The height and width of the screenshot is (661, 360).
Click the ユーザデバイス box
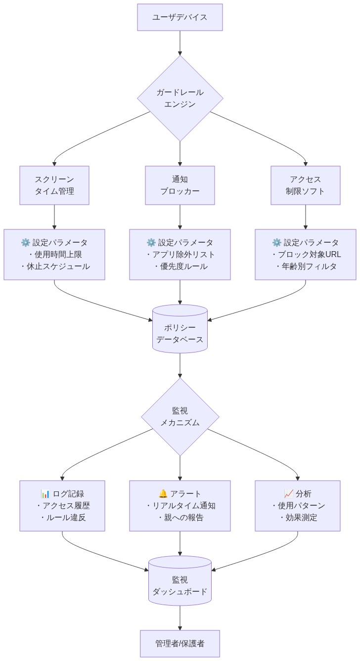pos(180,17)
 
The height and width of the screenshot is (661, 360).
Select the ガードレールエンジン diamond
pos(180,98)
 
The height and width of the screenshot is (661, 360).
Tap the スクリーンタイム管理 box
pos(54,185)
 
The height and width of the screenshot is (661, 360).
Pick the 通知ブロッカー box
pos(180,185)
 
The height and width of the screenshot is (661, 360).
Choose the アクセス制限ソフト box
pos(305,185)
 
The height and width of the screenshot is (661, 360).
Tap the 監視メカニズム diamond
pos(180,416)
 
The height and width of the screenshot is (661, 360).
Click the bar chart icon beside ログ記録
pos(45,494)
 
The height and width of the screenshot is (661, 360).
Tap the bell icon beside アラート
pos(163,494)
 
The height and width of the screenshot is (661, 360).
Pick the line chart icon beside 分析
pos(289,494)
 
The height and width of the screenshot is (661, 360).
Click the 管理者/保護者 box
pos(180,643)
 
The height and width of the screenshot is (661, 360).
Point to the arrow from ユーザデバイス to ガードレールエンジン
pos(180,43)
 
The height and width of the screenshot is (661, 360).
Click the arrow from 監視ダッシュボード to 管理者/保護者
pos(180,618)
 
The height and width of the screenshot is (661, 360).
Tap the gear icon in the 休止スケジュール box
pos(26,243)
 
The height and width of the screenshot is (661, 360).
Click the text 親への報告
pos(180,518)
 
